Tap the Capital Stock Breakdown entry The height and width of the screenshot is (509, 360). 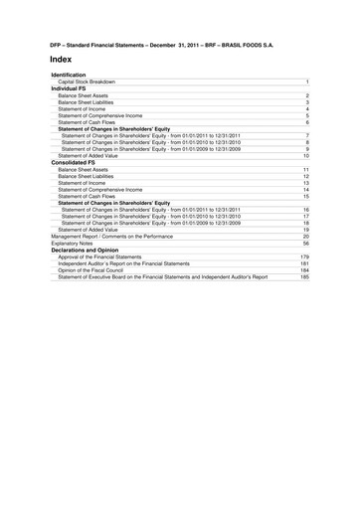point(87,82)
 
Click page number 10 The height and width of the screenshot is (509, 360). point(306,156)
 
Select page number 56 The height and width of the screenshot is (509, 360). point(306,243)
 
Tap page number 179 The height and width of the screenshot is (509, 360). point(305,256)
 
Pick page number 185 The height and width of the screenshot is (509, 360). point(305,277)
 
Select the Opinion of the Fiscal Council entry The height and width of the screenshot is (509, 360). point(94,270)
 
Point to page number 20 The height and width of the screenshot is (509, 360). point(306,236)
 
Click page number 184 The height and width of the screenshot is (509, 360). point(305,270)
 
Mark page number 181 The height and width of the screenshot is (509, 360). point(305,263)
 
